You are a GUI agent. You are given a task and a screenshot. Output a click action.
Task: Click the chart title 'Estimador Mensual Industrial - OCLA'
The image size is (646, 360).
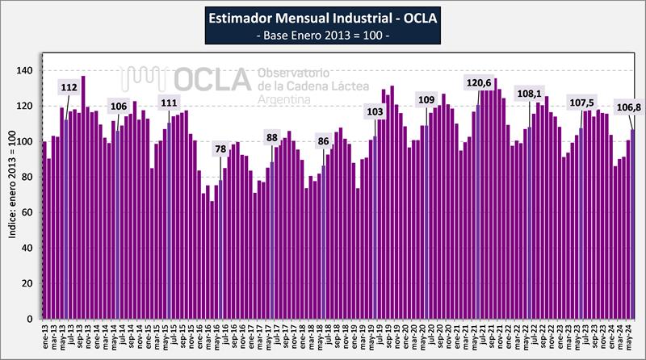tap(323, 19)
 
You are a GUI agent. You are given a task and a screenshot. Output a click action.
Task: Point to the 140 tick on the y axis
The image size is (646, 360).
tap(26, 71)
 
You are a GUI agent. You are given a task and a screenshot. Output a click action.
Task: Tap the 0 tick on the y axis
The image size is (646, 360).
tap(31, 320)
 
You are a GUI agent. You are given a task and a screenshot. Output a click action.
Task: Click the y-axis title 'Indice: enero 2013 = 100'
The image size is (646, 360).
tap(10, 195)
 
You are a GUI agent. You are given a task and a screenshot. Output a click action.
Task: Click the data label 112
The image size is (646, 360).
tap(69, 87)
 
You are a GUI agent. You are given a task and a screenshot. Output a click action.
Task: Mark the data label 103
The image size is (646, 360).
tap(375, 111)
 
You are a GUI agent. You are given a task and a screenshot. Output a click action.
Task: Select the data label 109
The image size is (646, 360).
tap(426, 100)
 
